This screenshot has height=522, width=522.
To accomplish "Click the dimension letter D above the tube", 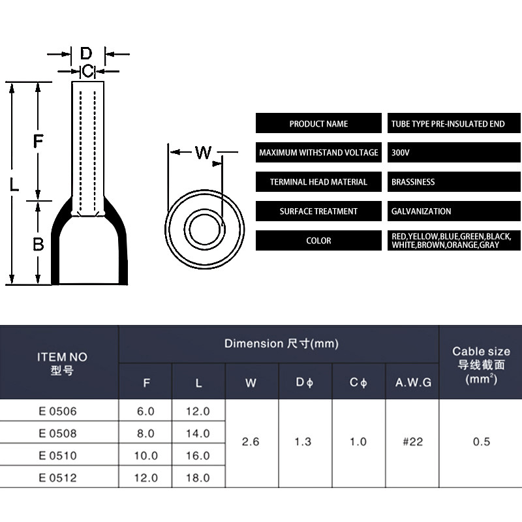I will tap(86, 54).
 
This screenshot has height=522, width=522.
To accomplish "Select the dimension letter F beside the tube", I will tap(38, 140).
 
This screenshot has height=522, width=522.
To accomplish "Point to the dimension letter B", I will tap(38, 244).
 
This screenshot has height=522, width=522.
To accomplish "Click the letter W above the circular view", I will tap(204, 153).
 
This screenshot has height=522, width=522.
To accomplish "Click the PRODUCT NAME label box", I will tap(318, 123).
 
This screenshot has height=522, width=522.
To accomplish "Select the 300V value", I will tap(401, 153).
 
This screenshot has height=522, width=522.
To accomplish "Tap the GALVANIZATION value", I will tap(421, 211).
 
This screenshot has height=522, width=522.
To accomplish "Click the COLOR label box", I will tap(318, 241).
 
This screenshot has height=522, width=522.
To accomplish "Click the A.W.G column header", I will tap(413, 383).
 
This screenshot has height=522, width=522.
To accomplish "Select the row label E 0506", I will tap(58, 411).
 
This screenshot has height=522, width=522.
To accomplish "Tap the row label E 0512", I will tap(58, 478).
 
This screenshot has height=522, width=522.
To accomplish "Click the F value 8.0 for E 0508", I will tap(146, 433).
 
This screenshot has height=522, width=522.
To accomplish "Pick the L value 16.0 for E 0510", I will tap(198, 455).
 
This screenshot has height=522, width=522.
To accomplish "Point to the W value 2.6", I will tap(251, 442).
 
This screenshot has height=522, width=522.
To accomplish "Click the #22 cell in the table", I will tap(412, 442).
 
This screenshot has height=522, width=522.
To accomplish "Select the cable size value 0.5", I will tap(482, 442).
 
